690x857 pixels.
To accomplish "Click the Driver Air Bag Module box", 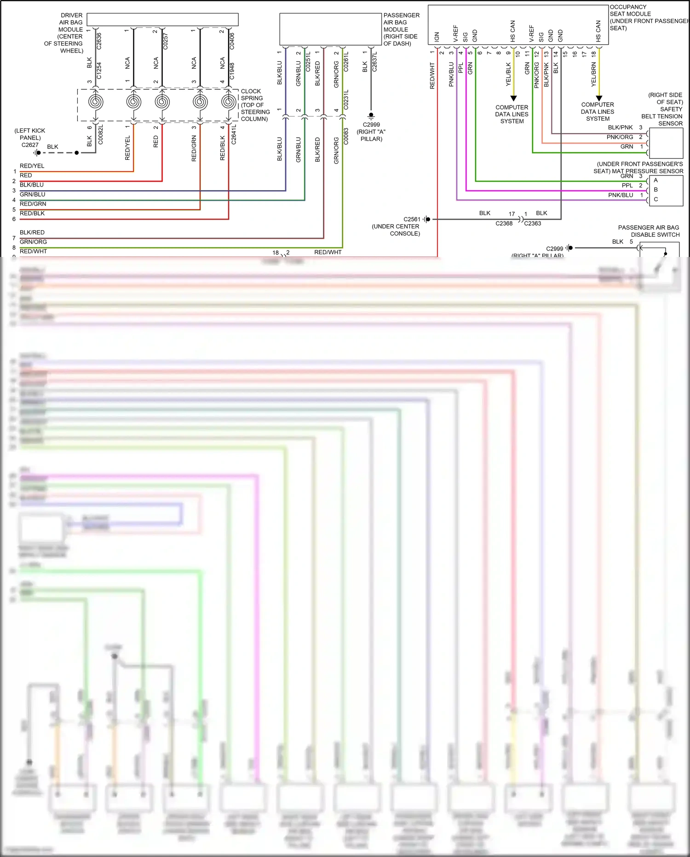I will pyautogui.click(x=162, y=19).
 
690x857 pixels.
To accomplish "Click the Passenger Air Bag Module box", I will pyautogui.click(x=330, y=29).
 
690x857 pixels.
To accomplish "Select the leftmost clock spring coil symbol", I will pyautogui.click(x=96, y=102).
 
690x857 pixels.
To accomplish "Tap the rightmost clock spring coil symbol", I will pyautogui.click(x=229, y=102).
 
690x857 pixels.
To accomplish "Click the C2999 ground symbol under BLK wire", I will pyautogui.click(x=371, y=117).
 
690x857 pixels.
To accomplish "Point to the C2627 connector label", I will pyautogui.click(x=30, y=145).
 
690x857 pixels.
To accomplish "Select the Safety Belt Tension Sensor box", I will pyautogui.click(x=666, y=144).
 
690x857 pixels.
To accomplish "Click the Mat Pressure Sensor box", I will pyautogui.click(x=666, y=190).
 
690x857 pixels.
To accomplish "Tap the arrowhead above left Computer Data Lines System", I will pyautogui.click(x=513, y=98).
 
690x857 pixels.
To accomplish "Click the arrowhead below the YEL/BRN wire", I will pyautogui.click(x=599, y=98).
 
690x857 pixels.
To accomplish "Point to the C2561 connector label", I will pyautogui.click(x=412, y=219).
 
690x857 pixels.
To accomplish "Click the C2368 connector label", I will pyautogui.click(x=504, y=223).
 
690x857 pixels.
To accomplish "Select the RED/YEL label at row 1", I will pyautogui.click(x=32, y=166).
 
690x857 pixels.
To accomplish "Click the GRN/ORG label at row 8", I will pyautogui.click(x=33, y=242).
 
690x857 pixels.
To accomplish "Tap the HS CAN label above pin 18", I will pyautogui.click(x=598, y=31).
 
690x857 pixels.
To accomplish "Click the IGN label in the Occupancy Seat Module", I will pyautogui.click(x=437, y=36).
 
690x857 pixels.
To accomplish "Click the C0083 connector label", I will pyautogui.click(x=346, y=136).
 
